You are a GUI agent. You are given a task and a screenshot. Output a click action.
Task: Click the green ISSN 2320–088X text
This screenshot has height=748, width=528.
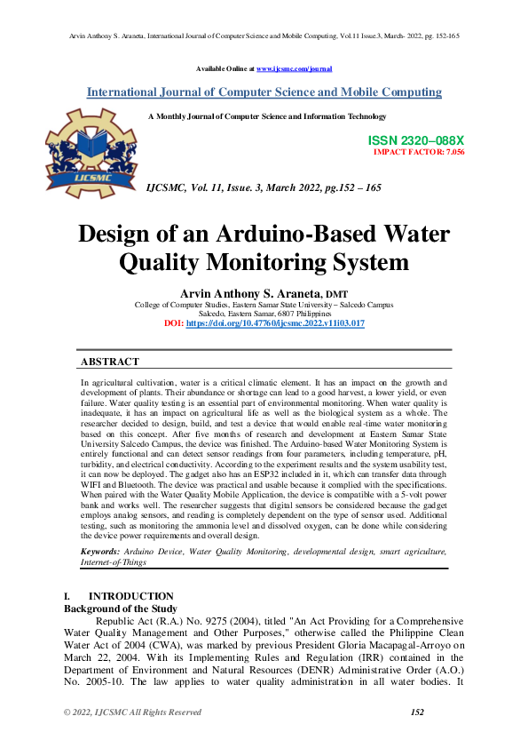coord(415,141)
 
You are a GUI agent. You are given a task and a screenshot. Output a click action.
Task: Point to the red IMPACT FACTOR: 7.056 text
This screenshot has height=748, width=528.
coord(419,152)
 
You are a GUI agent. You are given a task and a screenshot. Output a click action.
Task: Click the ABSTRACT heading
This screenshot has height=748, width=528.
coord(109,362)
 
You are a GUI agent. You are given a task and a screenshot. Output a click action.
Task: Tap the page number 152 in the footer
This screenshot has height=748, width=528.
coord(417,712)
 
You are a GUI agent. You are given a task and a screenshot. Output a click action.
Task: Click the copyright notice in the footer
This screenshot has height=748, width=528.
coord(132,712)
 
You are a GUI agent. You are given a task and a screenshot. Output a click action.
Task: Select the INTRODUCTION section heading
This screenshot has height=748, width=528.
coord(131,596)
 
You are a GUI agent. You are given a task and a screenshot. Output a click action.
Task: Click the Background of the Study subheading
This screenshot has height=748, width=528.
coord(120,608)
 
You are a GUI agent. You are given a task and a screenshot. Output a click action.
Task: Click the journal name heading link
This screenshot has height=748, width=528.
coord(264,92)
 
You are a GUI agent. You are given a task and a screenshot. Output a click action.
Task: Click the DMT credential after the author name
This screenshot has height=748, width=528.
coord(337,294)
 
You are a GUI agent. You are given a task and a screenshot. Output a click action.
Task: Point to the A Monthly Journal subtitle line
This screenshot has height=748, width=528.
coord(266,116)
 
